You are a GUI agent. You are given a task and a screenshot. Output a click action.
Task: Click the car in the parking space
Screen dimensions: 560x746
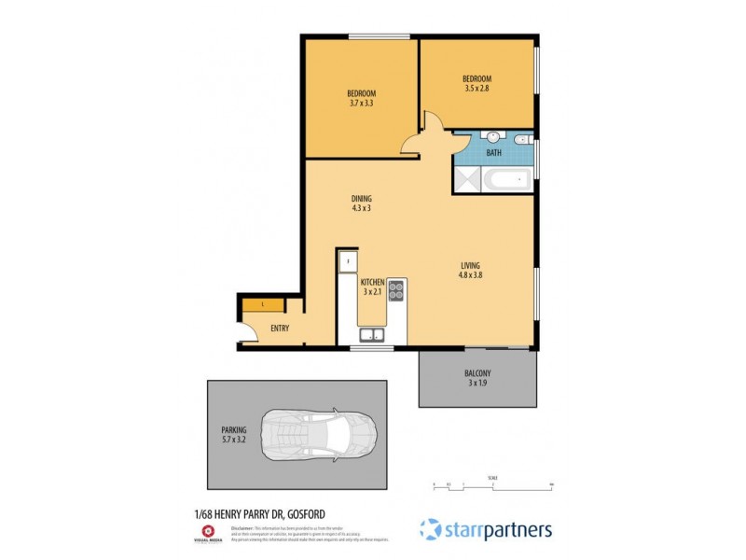(x=320, y=435)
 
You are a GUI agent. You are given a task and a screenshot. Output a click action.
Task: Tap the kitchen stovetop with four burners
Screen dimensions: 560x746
(x=395, y=290)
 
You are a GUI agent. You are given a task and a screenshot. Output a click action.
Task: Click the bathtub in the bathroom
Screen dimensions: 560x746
(x=508, y=180)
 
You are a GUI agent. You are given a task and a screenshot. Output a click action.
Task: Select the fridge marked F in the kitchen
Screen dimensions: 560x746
(x=347, y=262)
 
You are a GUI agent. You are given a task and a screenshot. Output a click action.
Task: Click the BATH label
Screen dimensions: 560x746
(x=493, y=152)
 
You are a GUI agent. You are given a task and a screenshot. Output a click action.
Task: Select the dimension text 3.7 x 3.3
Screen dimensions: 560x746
(x=361, y=104)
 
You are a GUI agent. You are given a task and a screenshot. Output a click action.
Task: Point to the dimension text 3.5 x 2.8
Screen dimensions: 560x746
(x=477, y=89)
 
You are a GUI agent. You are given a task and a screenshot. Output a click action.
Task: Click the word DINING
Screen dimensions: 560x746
(x=361, y=198)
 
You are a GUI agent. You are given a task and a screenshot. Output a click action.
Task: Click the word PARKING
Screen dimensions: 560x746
(x=233, y=429)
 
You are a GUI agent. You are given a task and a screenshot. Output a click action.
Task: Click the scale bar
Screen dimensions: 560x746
(x=492, y=485)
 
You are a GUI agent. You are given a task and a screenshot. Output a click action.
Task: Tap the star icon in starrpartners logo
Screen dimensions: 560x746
(x=430, y=529)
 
